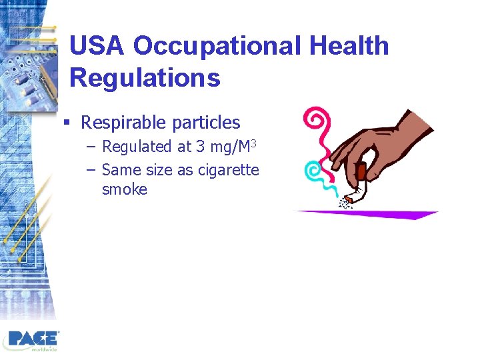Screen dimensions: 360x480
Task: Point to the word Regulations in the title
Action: point(145,78)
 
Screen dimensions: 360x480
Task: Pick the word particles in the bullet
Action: point(206,123)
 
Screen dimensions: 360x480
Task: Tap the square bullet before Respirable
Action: point(67,123)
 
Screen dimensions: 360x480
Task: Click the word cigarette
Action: point(227,170)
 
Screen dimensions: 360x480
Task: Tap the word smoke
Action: point(124,189)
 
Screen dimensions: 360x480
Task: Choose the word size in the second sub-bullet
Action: point(159,170)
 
